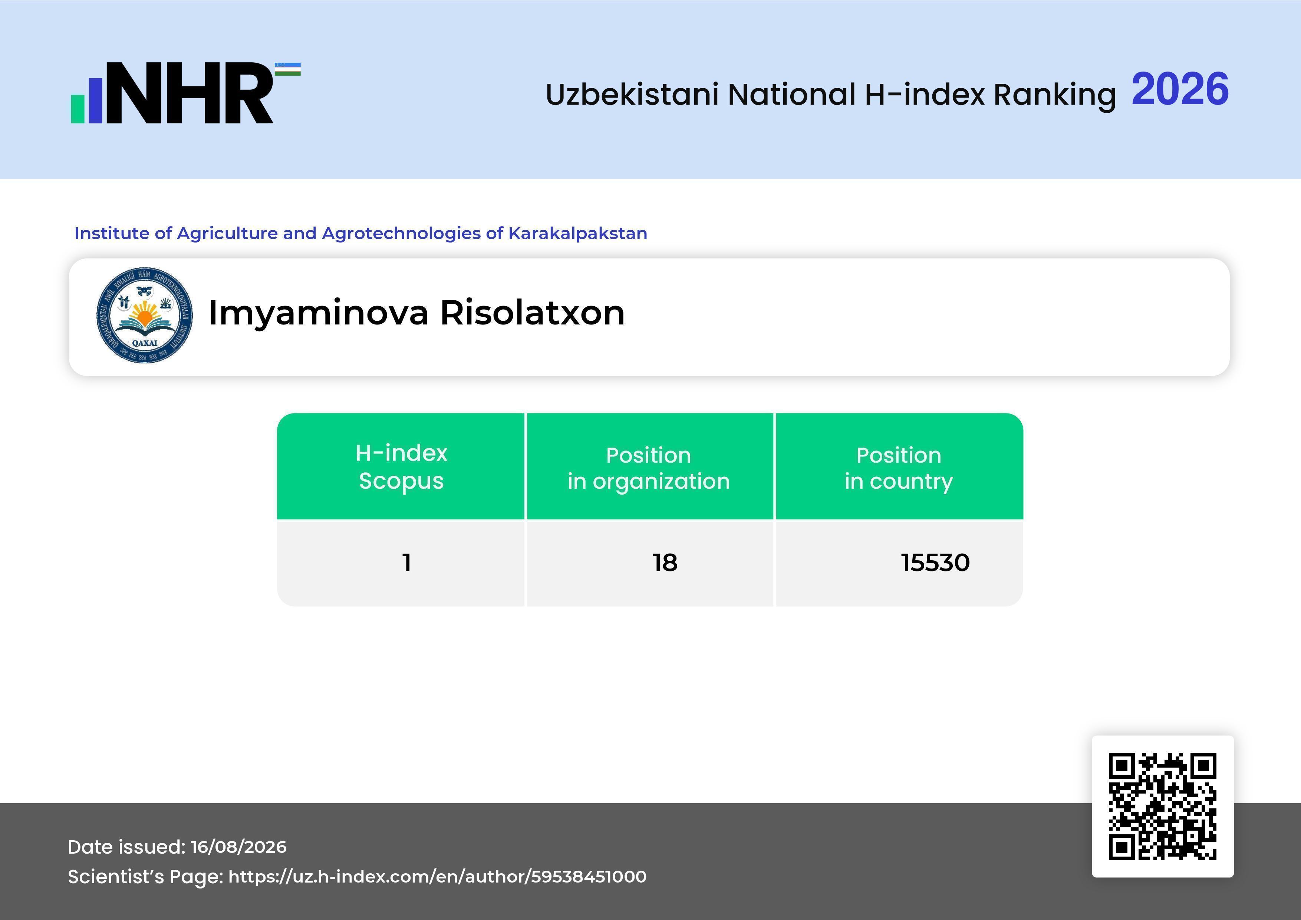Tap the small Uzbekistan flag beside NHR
pyautogui.click(x=288, y=69)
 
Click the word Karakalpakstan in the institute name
pyautogui.click(x=577, y=233)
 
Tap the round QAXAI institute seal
pyautogui.click(x=145, y=315)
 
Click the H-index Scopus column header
pyautogui.click(x=401, y=467)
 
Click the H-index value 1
pyautogui.click(x=406, y=563)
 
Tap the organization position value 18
pyautogui.click(x=665, y=563)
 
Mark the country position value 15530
pyautogui.click(x=936, y=563)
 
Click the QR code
pyautogui.click(x=1163, y=806)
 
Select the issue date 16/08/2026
pyautogui.click(x=238, y=847)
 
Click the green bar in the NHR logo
pyautogui.click(x=78, y=109)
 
